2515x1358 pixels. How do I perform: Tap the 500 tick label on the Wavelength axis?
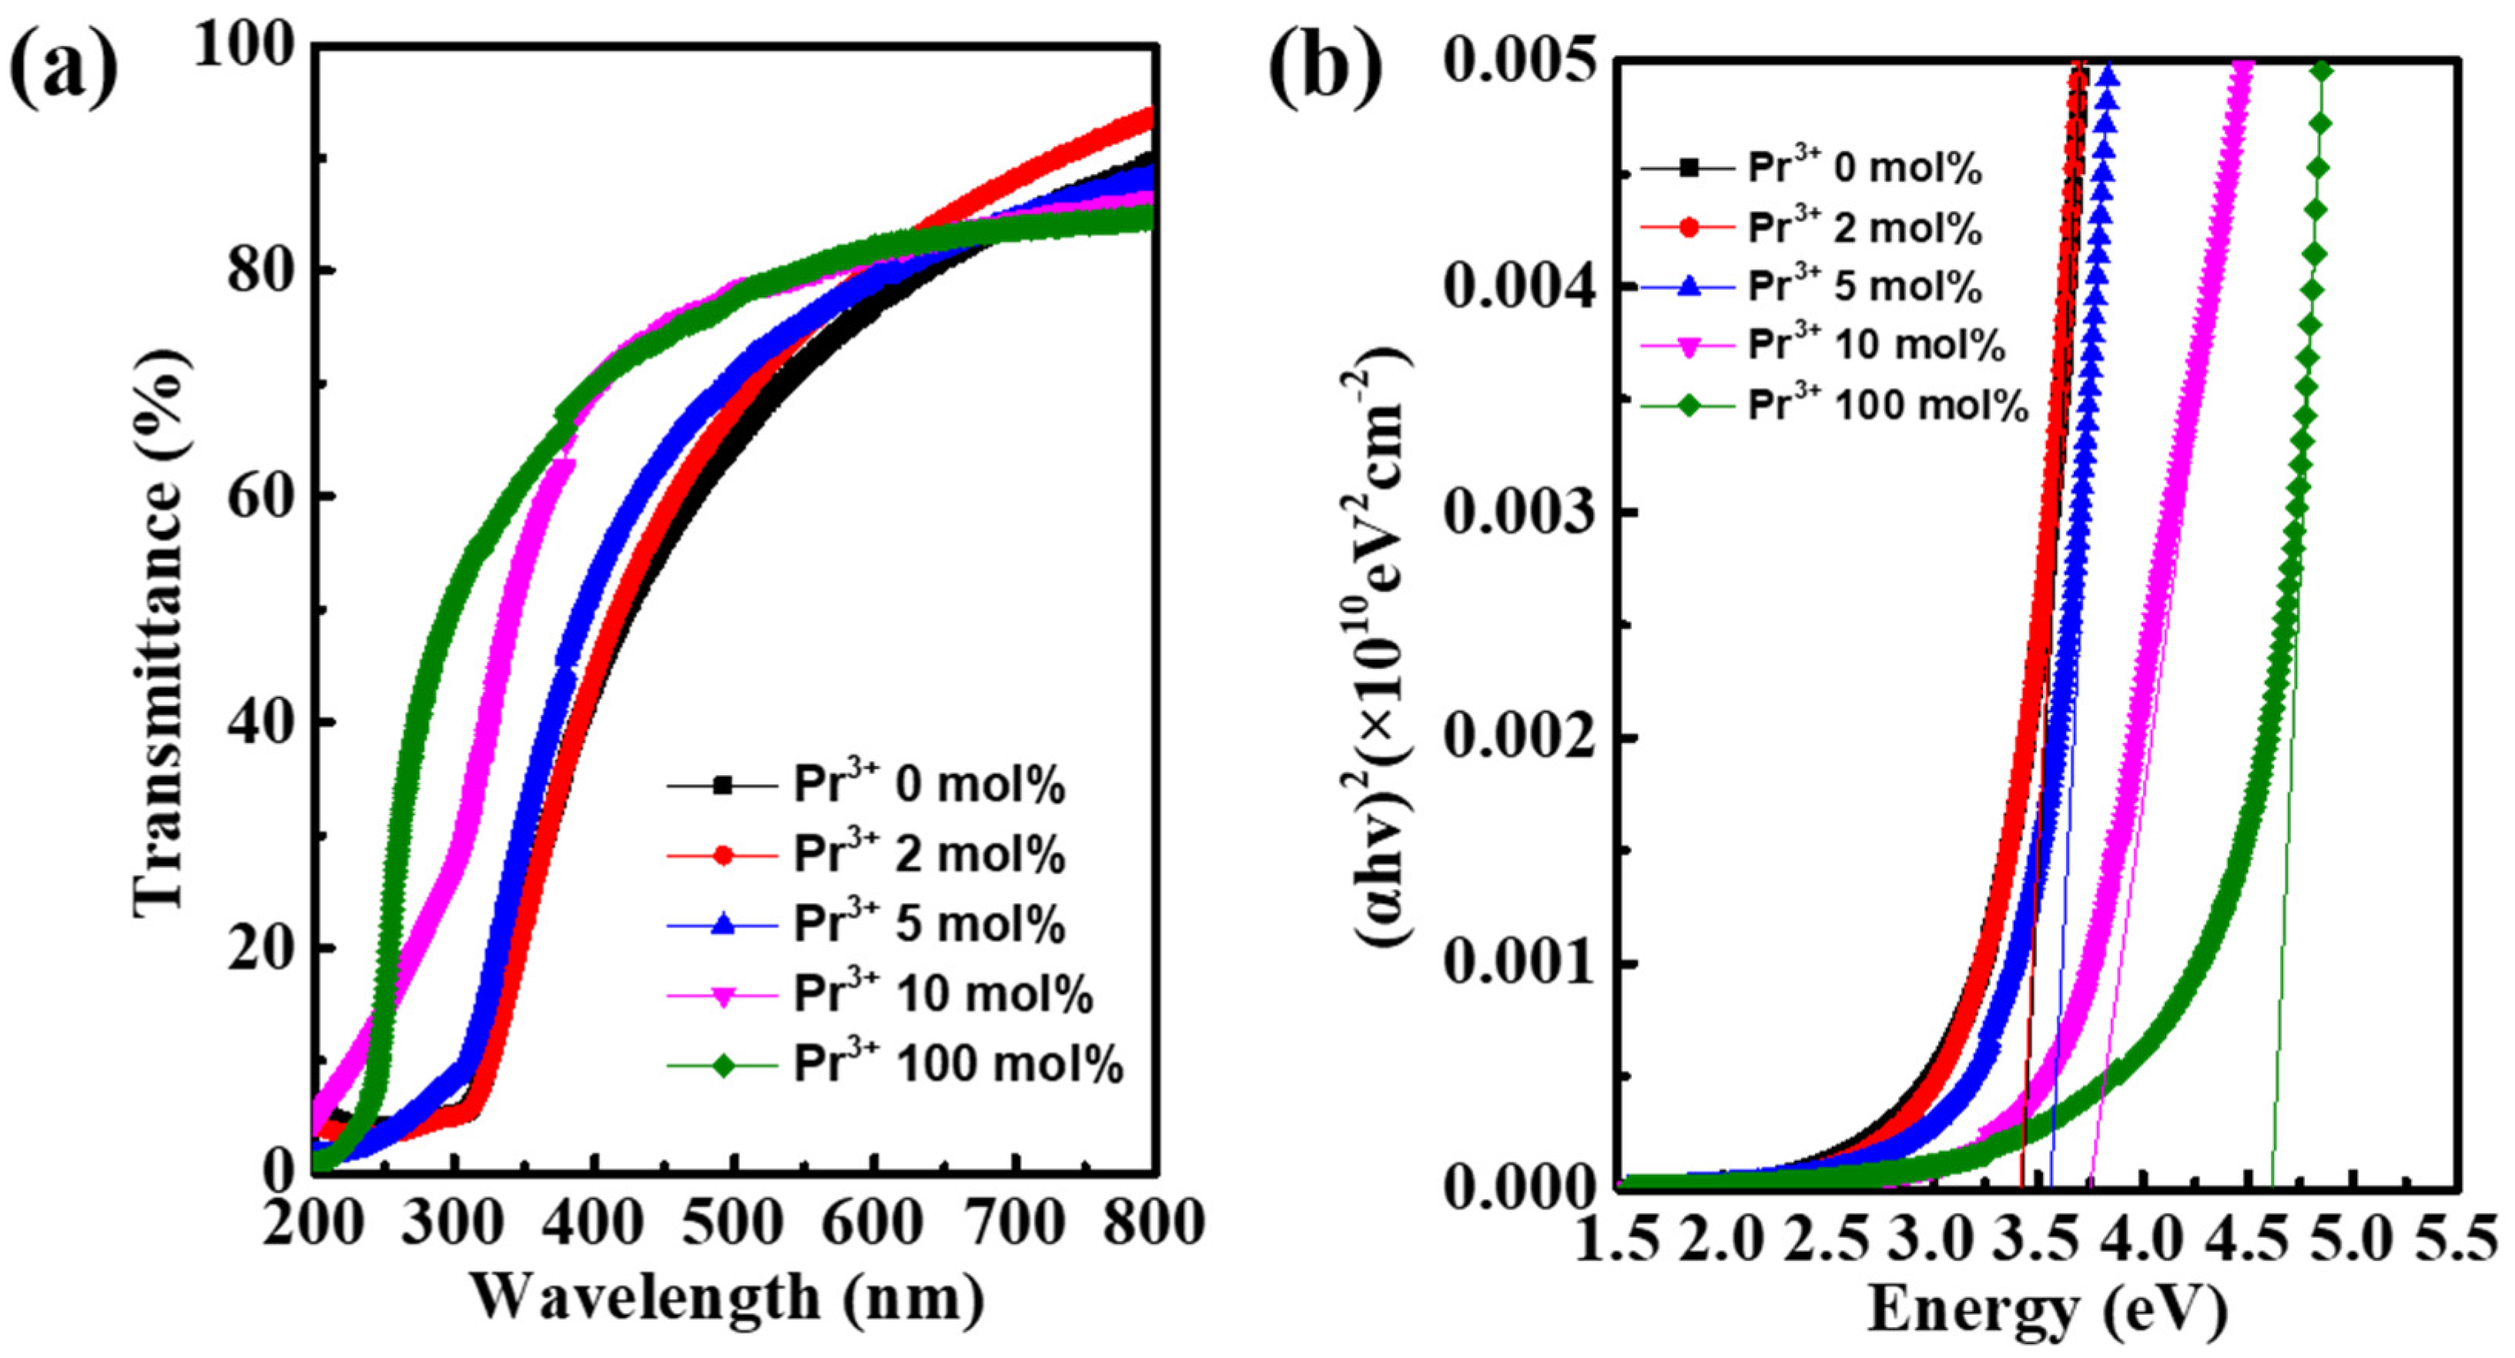[734, 1223]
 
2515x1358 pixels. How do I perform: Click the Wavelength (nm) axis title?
[728, 1299]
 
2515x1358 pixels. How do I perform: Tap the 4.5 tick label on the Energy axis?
[2248, 1242]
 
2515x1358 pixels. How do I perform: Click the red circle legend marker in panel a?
[722, 855]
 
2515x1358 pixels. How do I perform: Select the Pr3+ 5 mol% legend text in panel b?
[1865, 287]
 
